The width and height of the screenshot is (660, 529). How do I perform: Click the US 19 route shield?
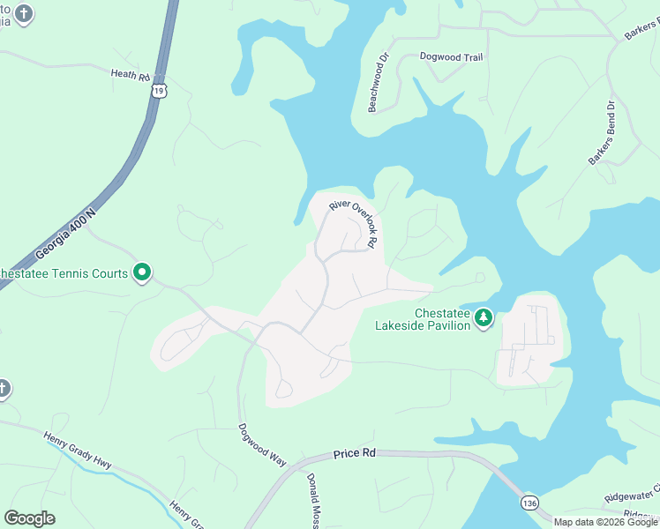[158, 90]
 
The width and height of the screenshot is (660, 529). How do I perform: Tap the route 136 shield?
[529, 500]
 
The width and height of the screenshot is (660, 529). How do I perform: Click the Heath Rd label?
[131, 74]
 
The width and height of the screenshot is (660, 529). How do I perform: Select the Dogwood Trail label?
[452, 57]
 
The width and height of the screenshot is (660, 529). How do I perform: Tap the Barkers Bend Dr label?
[603, 132]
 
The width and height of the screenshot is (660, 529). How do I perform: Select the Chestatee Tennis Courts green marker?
[142, 273]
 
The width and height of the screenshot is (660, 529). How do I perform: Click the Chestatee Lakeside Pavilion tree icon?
[483, 317]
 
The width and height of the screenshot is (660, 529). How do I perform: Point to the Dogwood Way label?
[262, 444]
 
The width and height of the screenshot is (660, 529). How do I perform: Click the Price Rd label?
[355, 454]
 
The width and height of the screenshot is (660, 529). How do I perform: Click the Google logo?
[29, 518]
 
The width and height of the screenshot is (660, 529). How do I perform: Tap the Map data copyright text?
[604, 522]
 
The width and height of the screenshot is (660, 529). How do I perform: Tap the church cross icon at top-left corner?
[22, 12]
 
